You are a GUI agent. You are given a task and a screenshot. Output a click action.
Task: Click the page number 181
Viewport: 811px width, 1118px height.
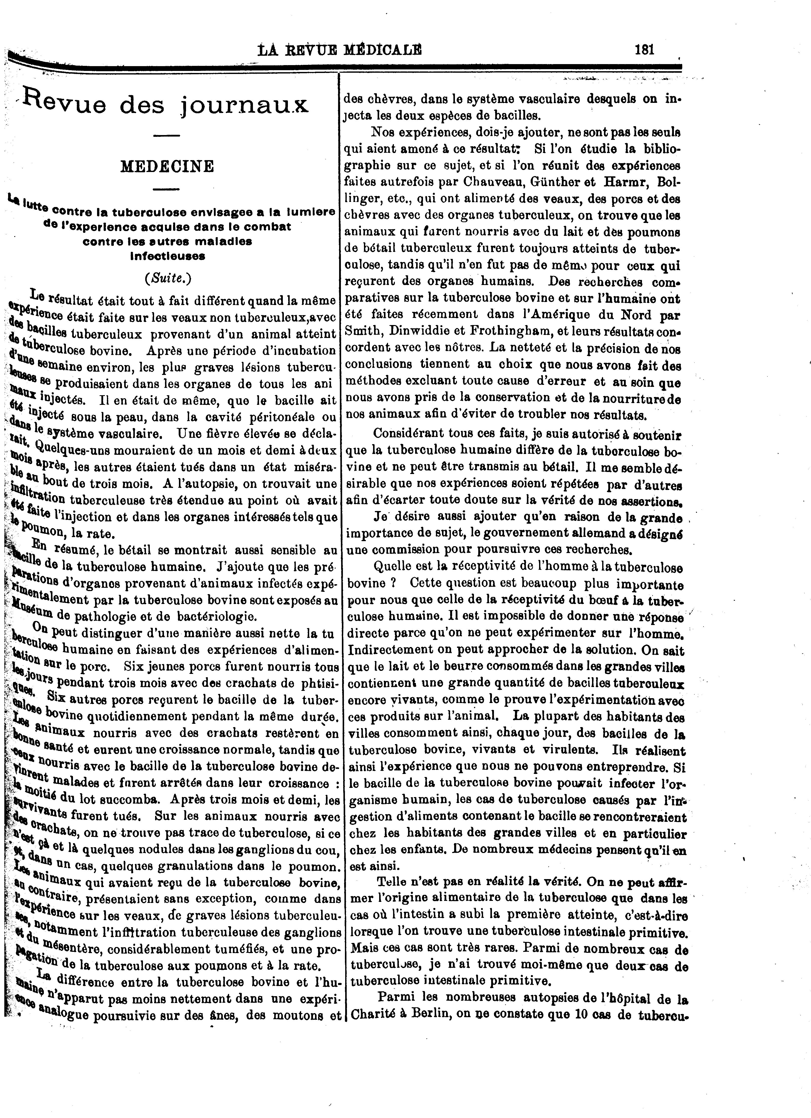644,50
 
